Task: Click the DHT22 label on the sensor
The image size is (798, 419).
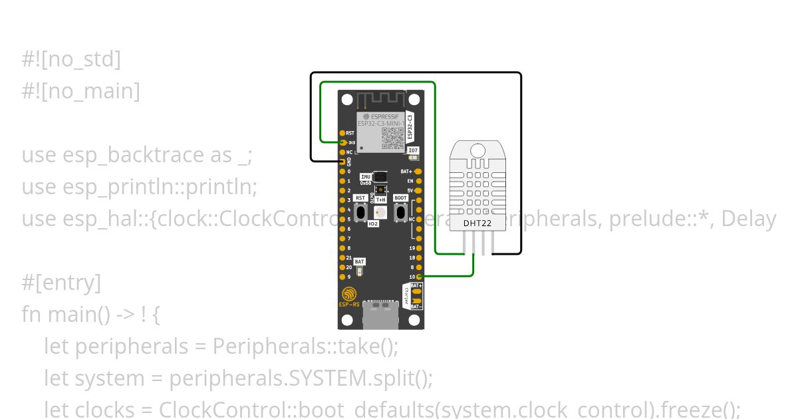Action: (478, 223)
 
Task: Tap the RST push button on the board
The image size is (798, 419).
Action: (360, 212)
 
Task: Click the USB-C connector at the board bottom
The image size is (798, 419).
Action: (381, 314)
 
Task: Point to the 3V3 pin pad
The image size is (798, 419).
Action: (343, 142)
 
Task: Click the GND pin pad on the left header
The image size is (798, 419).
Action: (343, 162)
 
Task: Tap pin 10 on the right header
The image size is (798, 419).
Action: (419, 276)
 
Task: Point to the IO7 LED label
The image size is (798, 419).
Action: (413, 151)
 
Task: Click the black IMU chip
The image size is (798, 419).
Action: (380, 177)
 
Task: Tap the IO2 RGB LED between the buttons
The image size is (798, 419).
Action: (380, 212)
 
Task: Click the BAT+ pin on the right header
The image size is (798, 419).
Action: (419, 171)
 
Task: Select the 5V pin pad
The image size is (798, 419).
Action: (419, 190)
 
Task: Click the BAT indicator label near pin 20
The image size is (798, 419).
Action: (359, 262)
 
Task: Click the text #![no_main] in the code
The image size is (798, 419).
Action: (80, 91)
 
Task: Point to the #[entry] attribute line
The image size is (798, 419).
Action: (61, 283)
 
